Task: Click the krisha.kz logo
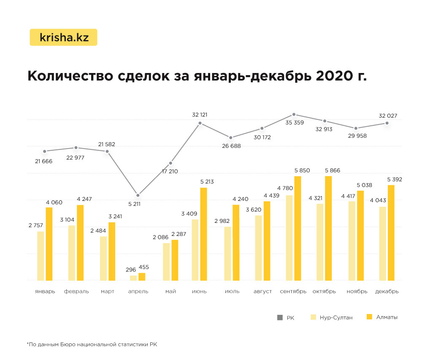click(64, 37)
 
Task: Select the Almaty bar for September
click(298, 228)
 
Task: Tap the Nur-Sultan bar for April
click(133, 278)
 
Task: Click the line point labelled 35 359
click(294, 114)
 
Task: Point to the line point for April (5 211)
click(138, 195)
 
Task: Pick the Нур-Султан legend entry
click(331, 317)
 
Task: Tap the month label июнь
click(199, 292)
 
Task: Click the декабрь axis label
click(387, 292)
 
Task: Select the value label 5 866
click(332, 171)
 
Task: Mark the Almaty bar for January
click(49, 244)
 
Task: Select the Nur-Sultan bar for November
click(352, 241)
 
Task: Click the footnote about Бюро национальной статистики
click(92, 345)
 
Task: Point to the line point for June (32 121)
click(200, 123)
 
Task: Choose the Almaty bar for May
click(175, 260)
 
